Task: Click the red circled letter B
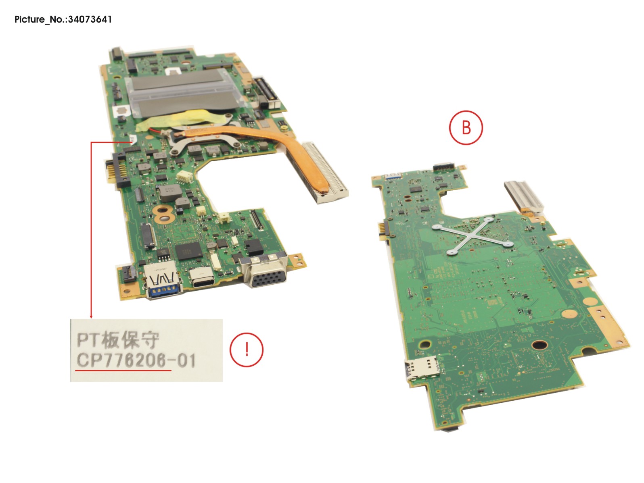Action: pyautogui.click(x=466, y=128)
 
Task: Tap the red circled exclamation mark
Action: pyautogui.click(x=246, y=350)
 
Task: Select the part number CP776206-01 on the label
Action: pyautogui.click(x=136, y=360)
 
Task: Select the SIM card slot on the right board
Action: pyautogui.click(x=422, y=368)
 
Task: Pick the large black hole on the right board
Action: pyautogui.click(x=539, y=345)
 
